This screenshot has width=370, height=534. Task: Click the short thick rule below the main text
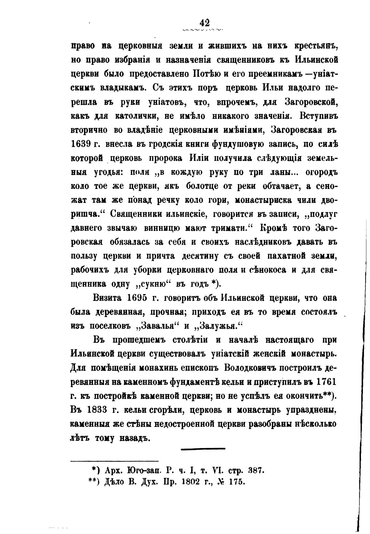(203, 449)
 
